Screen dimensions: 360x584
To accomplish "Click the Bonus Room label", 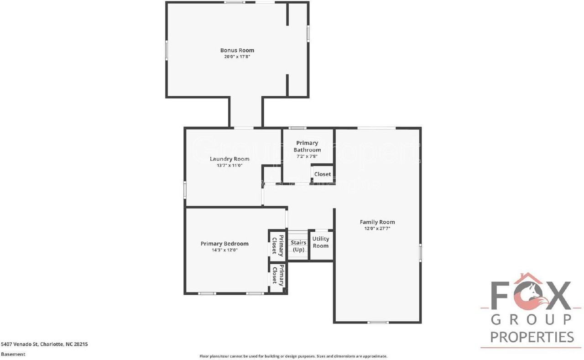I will [x=237, y=50].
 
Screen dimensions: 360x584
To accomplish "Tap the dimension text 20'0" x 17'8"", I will [x=237, y=57].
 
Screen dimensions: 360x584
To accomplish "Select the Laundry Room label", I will [x=229, y=159].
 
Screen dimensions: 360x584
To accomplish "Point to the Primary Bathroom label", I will [x=307, y=146].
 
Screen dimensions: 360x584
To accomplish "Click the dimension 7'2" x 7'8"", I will [x=307, y=156].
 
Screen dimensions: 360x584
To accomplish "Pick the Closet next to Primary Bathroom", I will [x=323, y=174].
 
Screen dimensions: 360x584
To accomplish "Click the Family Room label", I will [x=377, y=222].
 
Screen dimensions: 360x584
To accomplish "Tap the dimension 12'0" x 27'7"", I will [x=377, y=229].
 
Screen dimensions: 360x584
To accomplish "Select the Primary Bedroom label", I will [x=224, y=244].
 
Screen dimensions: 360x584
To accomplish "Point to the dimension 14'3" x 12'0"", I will [x=224, y=250].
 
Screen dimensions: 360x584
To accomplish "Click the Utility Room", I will [x=321, y=242].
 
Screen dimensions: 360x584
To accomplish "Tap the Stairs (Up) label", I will [x=298, y=246].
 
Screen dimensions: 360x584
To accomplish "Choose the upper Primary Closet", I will [x=277, y=245].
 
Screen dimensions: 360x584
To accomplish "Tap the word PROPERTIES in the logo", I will [x=532, y=337].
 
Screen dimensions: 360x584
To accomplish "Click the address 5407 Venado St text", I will [x=44, y=344].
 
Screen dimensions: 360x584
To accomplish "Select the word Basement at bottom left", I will [x=13, y=354].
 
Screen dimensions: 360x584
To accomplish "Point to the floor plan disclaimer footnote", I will [x=293, y=356].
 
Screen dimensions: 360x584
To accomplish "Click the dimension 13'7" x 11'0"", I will [x=229, y=166].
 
